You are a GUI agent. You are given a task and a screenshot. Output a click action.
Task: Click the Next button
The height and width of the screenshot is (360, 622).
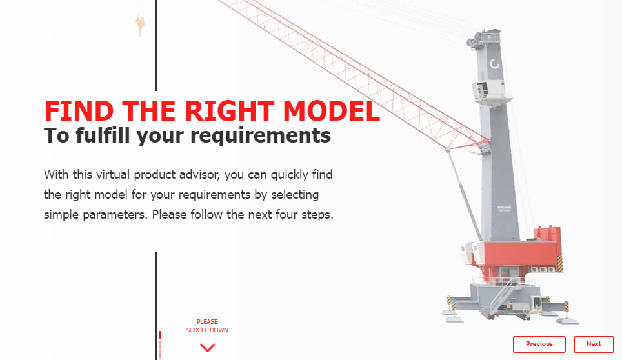coord(594,344)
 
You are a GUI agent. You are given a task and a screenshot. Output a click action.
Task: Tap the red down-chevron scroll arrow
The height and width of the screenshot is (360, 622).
coord(207,348)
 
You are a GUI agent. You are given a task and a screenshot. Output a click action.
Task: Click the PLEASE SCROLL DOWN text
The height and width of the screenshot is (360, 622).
coord(207,326)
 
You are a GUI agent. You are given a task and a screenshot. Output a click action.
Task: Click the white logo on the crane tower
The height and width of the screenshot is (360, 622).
coord(495,64)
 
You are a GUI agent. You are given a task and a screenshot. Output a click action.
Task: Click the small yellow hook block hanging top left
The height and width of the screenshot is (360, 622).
coord(139,25)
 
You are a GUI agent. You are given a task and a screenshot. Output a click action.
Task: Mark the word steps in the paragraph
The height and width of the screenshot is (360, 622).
coord(318,214)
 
